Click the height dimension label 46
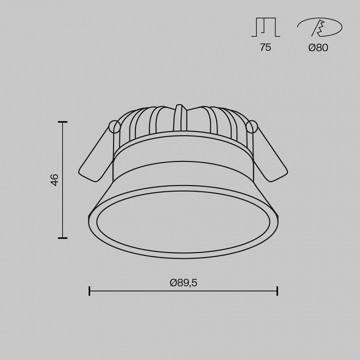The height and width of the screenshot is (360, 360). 55,180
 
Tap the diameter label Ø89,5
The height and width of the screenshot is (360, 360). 183,283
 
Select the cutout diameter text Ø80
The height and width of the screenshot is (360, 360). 318,47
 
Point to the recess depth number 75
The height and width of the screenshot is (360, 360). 265,47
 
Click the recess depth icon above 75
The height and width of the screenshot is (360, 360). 265,27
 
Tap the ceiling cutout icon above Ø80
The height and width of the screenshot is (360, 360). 319,27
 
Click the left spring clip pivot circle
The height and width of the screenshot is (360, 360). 114,126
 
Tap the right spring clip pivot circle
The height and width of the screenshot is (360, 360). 251,126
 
